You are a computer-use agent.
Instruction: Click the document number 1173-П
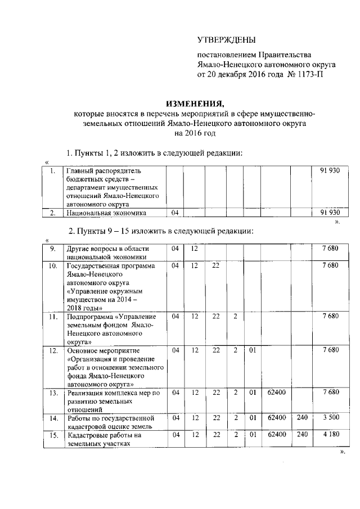(x=308, y=74)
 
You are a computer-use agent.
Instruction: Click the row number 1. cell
(x=52, y=170)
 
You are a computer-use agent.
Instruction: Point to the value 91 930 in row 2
(x=330, y=213)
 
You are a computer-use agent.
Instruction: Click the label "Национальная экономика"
(x=106, y=213)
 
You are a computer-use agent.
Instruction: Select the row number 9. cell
(x=52, y=249)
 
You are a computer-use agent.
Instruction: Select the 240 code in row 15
(x=303, y=435)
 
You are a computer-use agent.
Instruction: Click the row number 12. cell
(x=52, y=351)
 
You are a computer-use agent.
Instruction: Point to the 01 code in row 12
(x=253, y=350)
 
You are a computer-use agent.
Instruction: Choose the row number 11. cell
(x=52, y=317)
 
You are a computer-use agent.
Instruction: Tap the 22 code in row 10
(x=216, y=265)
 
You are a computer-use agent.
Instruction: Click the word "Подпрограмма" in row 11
(x=91, y=317)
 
